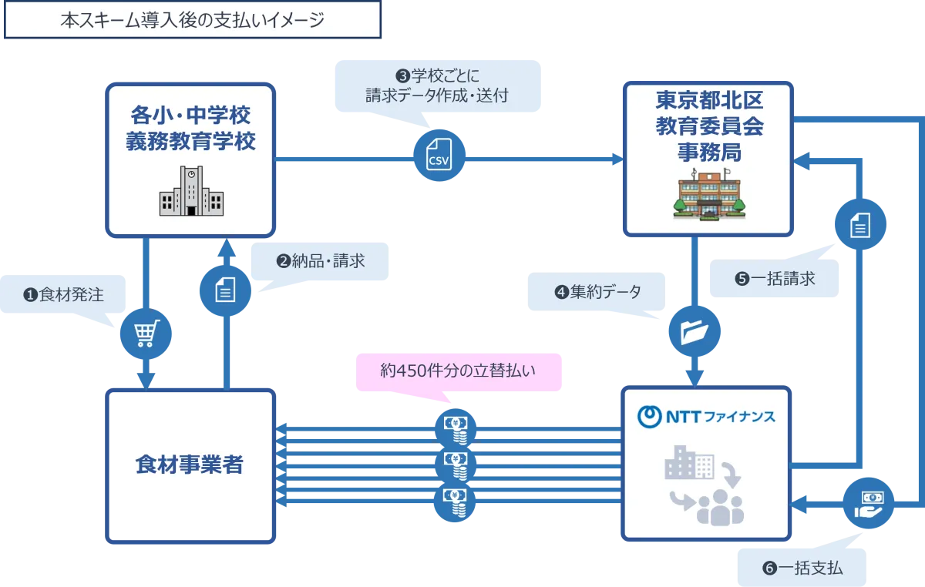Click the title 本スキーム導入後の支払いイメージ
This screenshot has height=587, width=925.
point(192,21)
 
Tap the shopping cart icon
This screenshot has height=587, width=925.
point(145,333)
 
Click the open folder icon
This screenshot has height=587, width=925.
point(695,332)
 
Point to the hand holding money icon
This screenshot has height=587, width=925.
point(868,503)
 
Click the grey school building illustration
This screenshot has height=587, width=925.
point(191,193)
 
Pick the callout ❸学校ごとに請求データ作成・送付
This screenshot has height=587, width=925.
point(437,86)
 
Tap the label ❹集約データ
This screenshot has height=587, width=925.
point(597,293)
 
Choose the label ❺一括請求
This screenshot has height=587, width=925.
point(775,279)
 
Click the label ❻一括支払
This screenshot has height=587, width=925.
point(802,569)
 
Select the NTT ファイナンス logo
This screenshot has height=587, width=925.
point(707,417)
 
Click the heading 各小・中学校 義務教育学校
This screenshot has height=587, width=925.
point(190,129)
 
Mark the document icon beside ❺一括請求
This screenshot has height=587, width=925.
point(860,226)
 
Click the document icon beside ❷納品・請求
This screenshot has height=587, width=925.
point(225,290)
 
